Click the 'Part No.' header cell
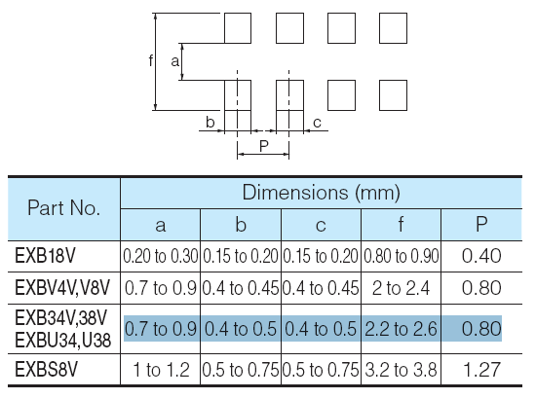63,207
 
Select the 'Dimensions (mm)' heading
321,192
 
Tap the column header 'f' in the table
401,224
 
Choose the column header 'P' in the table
481,224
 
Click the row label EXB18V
45,256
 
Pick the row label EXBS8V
46,369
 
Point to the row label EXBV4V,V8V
62,287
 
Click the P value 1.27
481,369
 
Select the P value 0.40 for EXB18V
481,256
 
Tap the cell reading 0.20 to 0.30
161,256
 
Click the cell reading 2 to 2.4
401,288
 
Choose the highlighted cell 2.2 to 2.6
401,328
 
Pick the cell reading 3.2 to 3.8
401,369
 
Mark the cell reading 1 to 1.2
161,369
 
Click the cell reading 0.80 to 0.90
401,256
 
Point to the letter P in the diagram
263,146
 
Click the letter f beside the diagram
151,60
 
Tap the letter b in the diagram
210,122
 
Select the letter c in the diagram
317,123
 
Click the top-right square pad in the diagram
393,28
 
